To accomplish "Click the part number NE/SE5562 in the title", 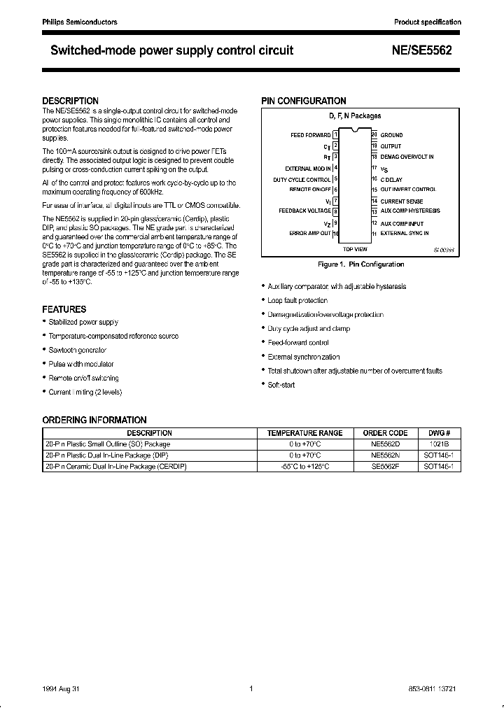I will coord(427,50).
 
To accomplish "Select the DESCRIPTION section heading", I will coord(70,101).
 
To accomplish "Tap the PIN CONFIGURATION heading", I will coord(304,101).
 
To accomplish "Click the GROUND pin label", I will coord(391,134).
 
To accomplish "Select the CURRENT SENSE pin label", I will coord(402,201).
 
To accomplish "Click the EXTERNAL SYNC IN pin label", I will coord(405,233).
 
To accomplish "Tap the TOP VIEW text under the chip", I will coord(355,249).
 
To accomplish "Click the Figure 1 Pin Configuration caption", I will coord(360,264).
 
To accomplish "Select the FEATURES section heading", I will coord(64,309).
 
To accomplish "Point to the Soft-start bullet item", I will coord(281,385).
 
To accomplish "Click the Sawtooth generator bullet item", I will coord(77,350).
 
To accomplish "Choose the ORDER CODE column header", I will coord(385,433).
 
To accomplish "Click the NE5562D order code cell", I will coord(385,444).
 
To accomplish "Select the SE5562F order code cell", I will coord(385,466).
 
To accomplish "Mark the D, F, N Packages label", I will coord(355,116).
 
